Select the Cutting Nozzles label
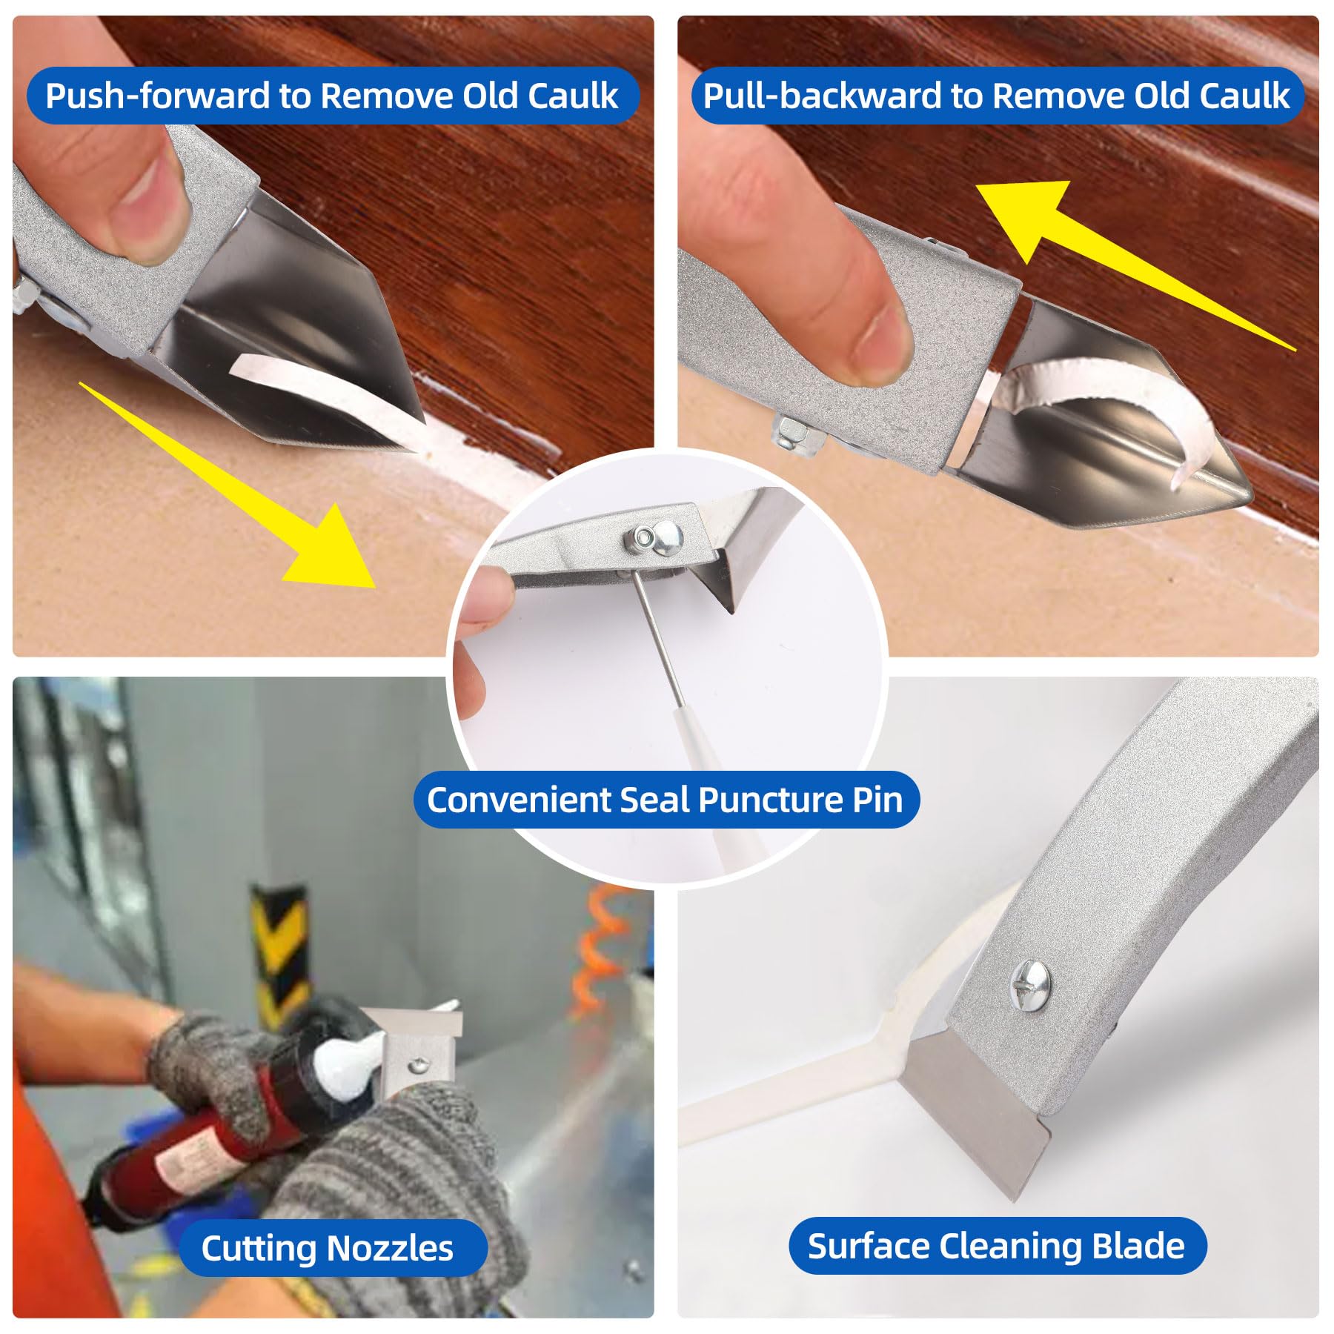tap(327, 1248)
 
